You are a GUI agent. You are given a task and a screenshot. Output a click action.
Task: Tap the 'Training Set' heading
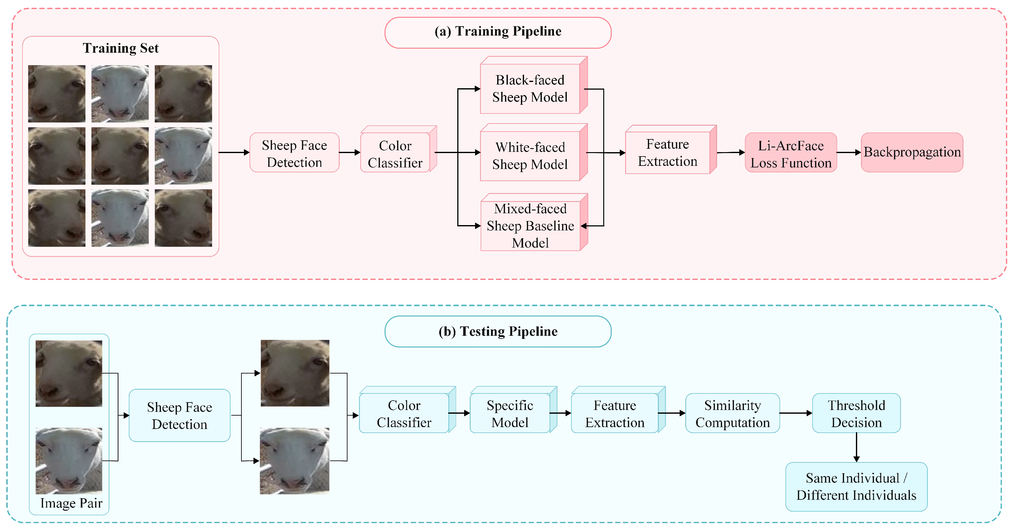(x=121, y=48)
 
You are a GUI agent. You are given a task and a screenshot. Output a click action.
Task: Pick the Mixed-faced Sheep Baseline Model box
(x=534, y=222)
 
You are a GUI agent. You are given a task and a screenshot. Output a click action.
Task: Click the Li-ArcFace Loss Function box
(x=791, y=152)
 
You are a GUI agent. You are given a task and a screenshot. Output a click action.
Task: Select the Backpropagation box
(x=912, y=152)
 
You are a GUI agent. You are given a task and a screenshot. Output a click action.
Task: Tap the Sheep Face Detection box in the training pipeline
(x=294, y=152)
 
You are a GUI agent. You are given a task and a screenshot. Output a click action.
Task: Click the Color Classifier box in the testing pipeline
(x=407, y=410)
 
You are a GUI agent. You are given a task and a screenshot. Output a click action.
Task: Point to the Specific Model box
(x=513, y=410)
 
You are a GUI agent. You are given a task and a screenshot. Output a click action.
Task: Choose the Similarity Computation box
(x=732, y=413)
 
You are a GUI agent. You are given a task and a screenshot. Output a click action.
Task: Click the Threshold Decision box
(x=856, y=413)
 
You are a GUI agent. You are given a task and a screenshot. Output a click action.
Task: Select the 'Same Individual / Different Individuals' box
(x=856, y=487)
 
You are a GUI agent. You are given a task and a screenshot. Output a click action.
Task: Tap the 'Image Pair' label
(x=71, y=503)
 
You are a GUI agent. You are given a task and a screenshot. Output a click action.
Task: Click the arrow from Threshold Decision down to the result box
(x=856, y=447)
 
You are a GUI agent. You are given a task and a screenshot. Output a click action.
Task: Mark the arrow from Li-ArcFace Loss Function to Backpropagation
(x=849, y=152)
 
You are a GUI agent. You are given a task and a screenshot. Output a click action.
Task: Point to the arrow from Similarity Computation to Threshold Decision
(x=796, y=413)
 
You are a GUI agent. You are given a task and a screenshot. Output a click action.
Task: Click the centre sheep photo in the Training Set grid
(x=120, y=156)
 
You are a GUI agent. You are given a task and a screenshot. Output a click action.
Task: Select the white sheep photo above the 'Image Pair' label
(x=69, y=461)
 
